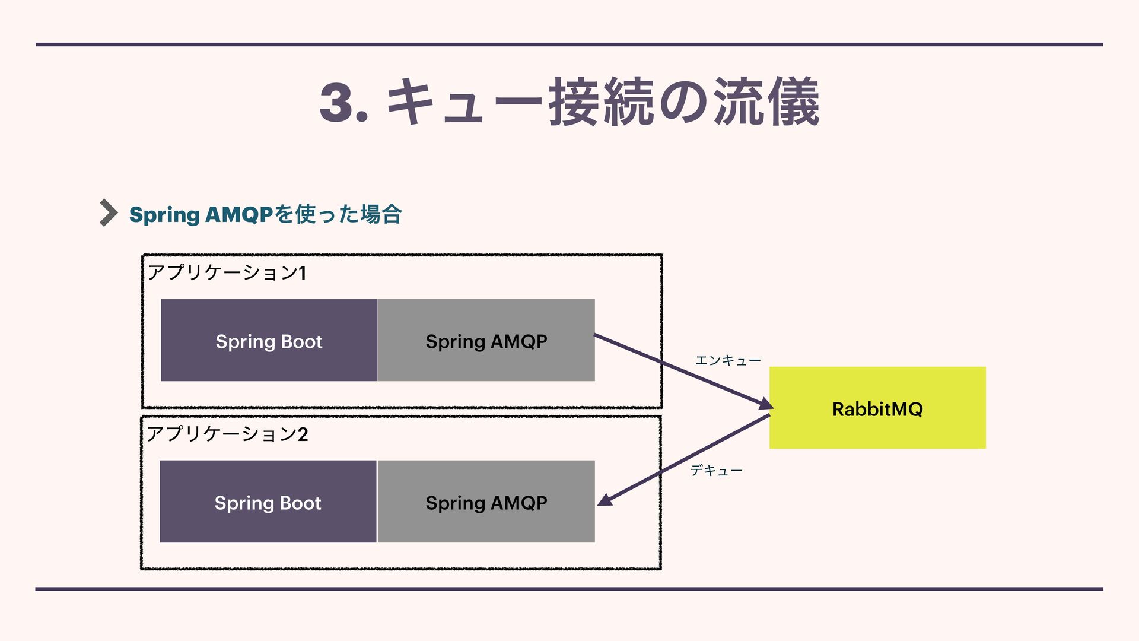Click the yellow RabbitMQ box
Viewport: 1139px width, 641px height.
point(877,408)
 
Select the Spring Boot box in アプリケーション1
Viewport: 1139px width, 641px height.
point(269,341)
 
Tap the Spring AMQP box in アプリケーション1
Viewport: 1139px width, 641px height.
point(486,341)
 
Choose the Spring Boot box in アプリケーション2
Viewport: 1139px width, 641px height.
point(268,502)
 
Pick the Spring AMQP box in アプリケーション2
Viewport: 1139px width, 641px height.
point(486,502)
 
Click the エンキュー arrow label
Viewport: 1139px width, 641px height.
point(727,360)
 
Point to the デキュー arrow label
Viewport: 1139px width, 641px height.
point(716,471)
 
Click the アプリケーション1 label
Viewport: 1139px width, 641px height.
point(226,272)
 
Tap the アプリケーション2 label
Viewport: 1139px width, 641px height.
point(227,434)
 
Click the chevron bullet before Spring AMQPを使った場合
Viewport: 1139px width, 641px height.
point(108,212)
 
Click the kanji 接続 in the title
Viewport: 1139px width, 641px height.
point(602,103)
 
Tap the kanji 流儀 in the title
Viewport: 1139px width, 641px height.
point(766,103)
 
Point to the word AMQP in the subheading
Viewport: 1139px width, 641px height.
point(238,214)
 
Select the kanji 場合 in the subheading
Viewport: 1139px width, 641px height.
point(380,214)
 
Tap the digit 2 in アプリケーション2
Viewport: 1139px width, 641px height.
point(303,434)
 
